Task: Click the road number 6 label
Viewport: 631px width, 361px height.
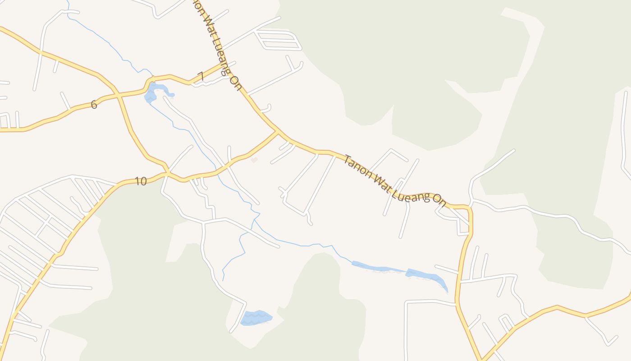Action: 94,105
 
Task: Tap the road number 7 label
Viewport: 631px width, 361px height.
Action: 201,76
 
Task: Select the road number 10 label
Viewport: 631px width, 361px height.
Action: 141,181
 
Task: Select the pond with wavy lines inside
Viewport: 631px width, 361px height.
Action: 256,318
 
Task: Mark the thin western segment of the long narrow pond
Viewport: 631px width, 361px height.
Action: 374,267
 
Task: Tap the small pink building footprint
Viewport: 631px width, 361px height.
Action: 254,160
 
